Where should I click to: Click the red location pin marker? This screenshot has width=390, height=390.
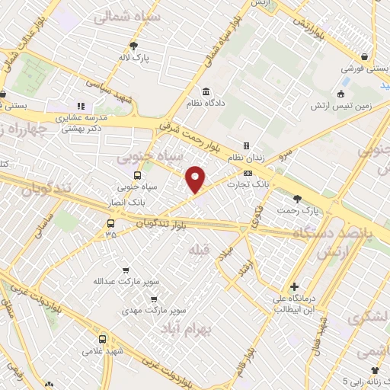point(196,179)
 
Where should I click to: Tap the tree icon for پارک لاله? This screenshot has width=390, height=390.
point(134,45)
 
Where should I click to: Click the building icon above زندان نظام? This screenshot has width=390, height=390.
point(246,145)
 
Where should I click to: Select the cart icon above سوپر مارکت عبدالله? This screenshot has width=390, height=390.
point(126,270)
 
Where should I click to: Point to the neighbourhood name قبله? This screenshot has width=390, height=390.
point(198,249)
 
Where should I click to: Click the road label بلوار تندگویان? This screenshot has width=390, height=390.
point(161,222)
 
